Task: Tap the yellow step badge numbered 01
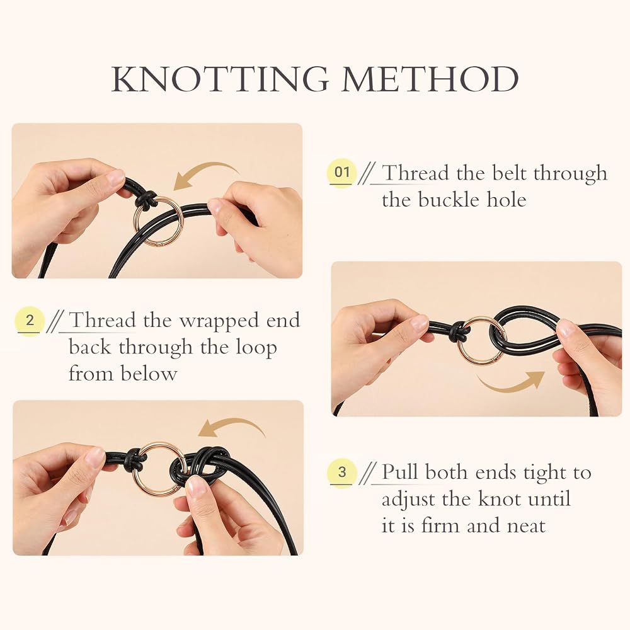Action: (x=342, y=172)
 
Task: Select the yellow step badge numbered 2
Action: (x=30, y=321)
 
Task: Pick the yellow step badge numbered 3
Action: (x=342, y=472)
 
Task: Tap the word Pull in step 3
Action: (x=400, y=471)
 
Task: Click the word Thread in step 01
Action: (x=415, y=173)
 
